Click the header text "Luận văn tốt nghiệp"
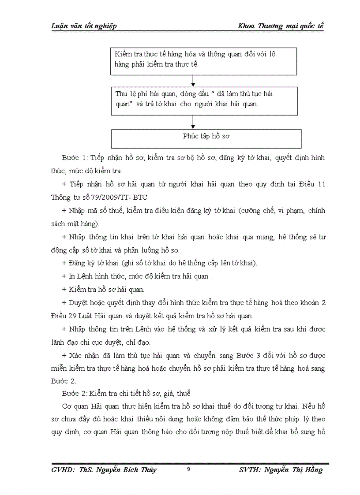[84, 26]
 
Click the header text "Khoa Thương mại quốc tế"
[281, 26]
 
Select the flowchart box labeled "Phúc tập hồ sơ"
[206, 138]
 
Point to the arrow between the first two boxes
[193, 81]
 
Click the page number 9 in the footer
[188, 469]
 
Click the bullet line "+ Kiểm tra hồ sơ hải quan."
[103, 290]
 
